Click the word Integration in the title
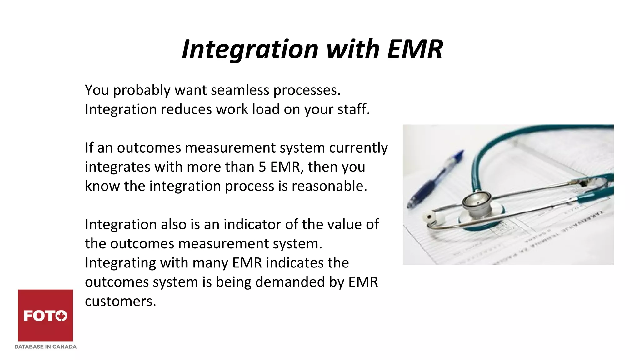tap(250, 49)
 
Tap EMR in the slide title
tap(415, 49)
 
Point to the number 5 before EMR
tap(262, 167)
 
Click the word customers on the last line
tap(120, 302)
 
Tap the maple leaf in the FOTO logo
tap(62, 316)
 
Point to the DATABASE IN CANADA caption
tap(46, 347)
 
